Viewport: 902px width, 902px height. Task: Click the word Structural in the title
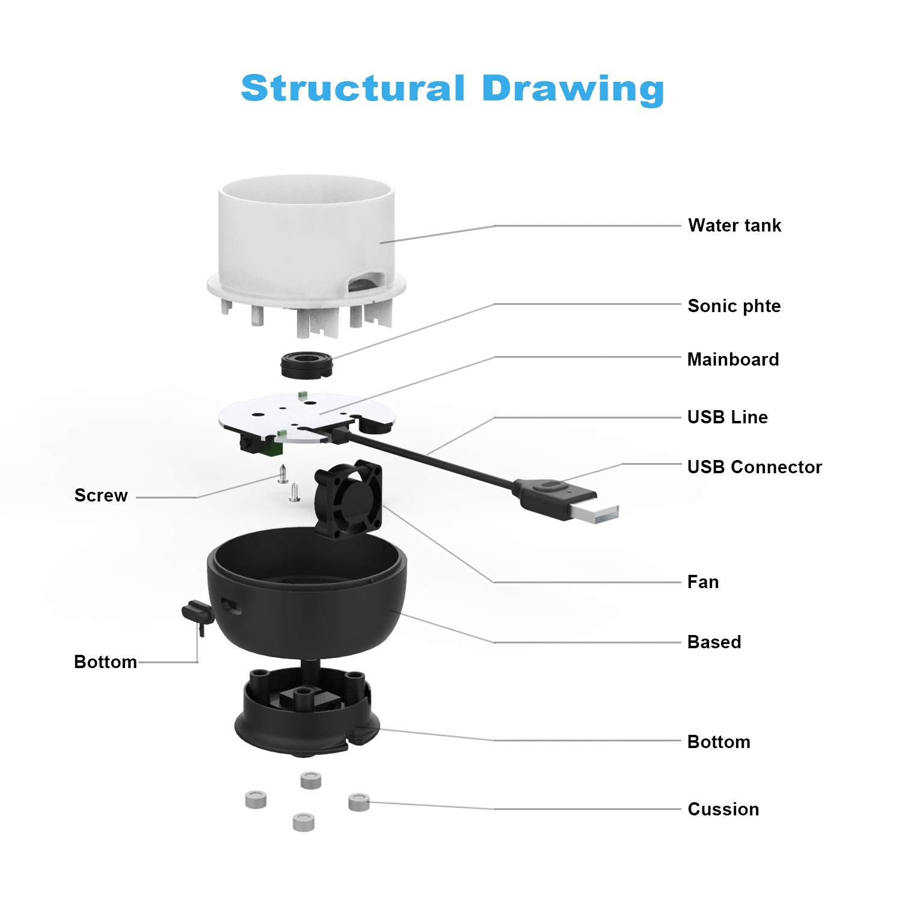pyautogui.click(x=353, y=88)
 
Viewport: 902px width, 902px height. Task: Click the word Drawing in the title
pyautogui.click(x=572, y=88)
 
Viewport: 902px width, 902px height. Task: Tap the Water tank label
pyautogui.click(x=734, y=226)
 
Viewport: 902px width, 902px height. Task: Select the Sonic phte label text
pyautogui.click(x=734, y=306)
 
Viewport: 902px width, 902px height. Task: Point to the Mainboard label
pyautogui.click(x=732, y=360)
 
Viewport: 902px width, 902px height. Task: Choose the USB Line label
pyautogui.click(x=727, y=417)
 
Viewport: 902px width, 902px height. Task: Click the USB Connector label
pyautogui.click(x=754, y=467)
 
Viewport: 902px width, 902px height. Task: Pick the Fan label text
pyautogui.click(x=702, y=582)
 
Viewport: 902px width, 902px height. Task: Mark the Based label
pyautogui.click(x=714, y=642)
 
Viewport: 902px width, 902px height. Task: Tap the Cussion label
pyautogui.click(x=723, y=809)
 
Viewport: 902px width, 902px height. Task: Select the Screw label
pyautogui.click(x=101, y=495)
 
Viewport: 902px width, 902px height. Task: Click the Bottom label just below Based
pyautogui.click(x=719, y=742)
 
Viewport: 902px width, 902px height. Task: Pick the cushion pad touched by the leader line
pyautogui.click(x=359, y=801)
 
